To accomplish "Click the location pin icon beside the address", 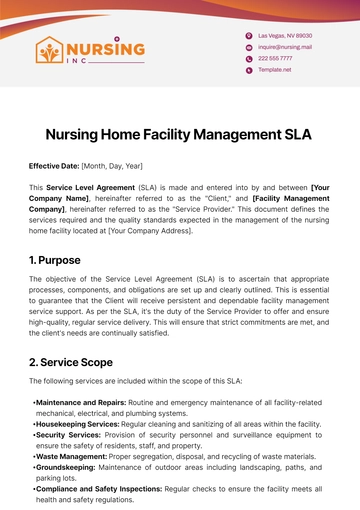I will coord(249,34).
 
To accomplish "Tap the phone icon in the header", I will coord(249,58).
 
